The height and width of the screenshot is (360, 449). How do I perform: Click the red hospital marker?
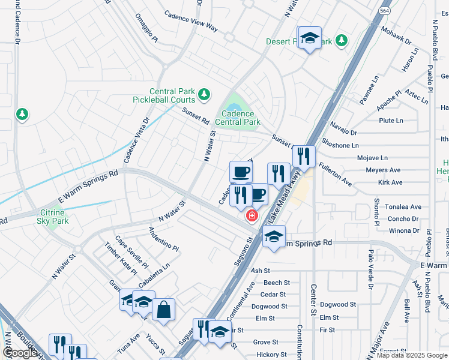point(252,215)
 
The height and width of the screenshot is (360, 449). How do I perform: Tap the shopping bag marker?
point(163,309)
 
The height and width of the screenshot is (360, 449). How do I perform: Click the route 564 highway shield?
point(384,11)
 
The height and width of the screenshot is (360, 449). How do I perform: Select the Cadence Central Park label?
point(238,118)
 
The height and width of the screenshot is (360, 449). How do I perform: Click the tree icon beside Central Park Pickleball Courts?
point(204,94)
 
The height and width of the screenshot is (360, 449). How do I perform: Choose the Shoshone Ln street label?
point(340,145)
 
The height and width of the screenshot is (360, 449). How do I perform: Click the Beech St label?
point(277,283)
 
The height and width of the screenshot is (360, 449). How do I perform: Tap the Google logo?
point(20,353)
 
